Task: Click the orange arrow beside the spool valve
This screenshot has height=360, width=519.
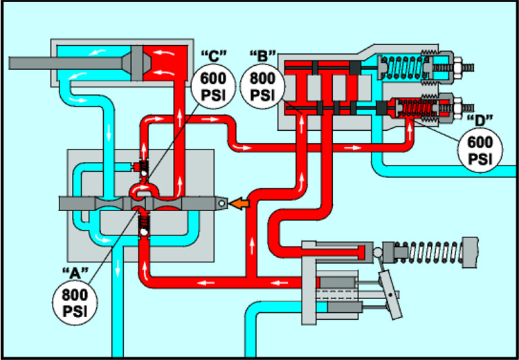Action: point(239,204)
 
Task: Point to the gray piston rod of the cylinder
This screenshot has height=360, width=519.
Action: point(62,62)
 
